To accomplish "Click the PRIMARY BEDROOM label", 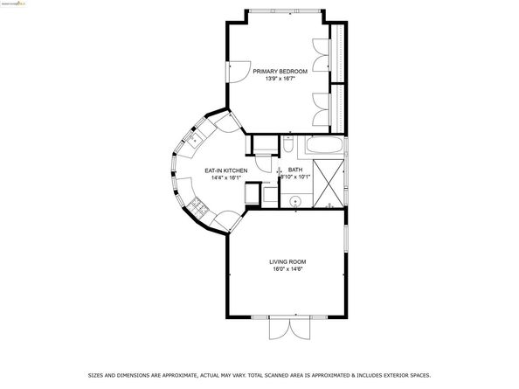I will (x=280, y=72).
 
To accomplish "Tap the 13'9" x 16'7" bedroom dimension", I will (x=280, y=80).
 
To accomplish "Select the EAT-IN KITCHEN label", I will (x=225, y=170).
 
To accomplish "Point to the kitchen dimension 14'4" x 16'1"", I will (x=225, y=178).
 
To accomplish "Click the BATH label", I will (x=295, y=170).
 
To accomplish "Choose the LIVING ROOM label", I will (x=287, y=261).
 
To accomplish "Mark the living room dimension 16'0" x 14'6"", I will (x=287, y=269).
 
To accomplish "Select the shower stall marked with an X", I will (x=330, y=182).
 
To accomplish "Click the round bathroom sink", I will (x=297, y=200).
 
